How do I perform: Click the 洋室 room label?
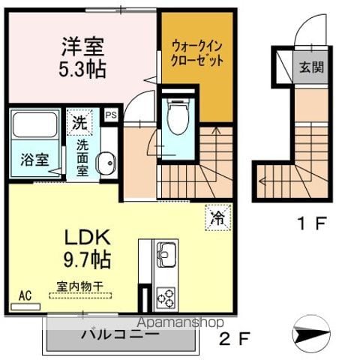82,46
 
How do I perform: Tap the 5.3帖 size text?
82,68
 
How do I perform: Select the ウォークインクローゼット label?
197,54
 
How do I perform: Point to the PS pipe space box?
111,115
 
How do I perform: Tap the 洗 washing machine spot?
79,122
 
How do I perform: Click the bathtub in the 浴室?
35,124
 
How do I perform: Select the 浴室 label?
34,160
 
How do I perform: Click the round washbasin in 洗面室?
106,163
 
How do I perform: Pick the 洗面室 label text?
82,157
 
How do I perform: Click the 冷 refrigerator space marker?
218,217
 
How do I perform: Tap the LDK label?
88,237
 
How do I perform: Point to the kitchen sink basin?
165,253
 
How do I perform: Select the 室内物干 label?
80,286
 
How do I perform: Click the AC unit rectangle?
25,307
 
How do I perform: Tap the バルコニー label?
121,334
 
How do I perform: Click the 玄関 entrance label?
311,67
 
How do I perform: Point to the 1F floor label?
313,223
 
